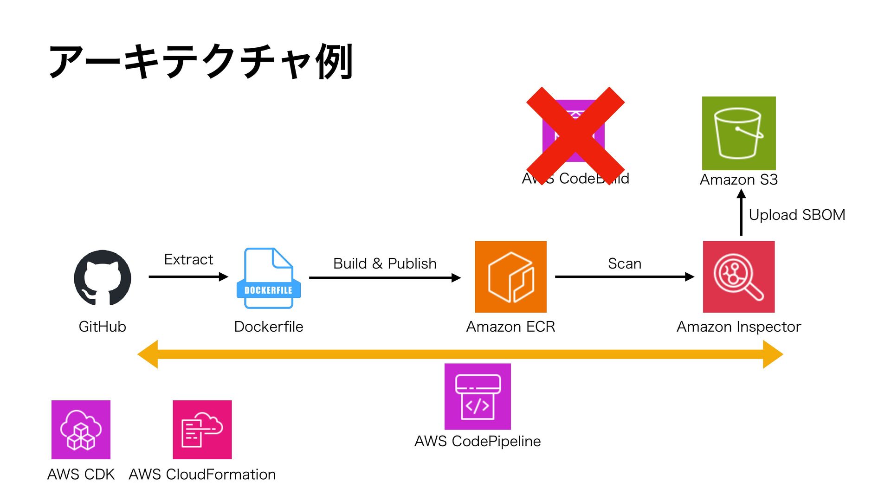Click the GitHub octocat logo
103,277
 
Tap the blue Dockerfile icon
269,278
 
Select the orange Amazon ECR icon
510,276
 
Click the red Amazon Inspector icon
739,276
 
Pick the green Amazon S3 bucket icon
739,133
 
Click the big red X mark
575,136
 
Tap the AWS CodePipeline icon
478,397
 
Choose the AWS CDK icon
81,430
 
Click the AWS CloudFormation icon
202,430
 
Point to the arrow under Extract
188,277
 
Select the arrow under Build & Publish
385,278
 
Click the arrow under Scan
625,277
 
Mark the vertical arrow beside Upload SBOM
741,213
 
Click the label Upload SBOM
797,215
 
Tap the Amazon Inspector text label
739,327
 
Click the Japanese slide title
201,62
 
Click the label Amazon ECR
510,327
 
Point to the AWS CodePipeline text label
478,441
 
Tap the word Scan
625,263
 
